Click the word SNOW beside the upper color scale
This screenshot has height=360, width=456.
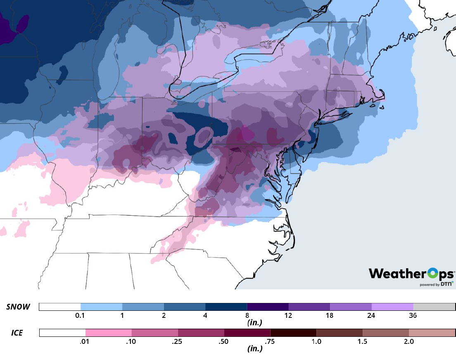(18, 307)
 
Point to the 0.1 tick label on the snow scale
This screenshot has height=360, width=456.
(81, 316)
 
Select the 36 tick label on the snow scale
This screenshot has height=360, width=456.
(413, 316)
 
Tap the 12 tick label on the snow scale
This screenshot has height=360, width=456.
(288, 316)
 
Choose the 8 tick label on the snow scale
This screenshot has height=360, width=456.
(247, 316)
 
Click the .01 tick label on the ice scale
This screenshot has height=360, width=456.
(85, 342)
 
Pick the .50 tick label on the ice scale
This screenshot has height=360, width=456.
(224, 342)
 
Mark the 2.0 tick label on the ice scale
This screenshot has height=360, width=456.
(409, 342)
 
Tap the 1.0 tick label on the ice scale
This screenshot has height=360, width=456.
(316, 342)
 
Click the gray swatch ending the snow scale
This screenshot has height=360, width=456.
(434, 307)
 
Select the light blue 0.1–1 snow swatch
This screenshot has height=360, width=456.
(101, 307)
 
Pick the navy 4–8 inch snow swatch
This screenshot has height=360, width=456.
(226, 307)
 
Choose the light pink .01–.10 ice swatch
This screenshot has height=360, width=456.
(109, 333)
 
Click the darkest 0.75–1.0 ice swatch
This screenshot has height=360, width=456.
(293, 333)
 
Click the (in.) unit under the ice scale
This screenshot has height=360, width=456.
(252, 348)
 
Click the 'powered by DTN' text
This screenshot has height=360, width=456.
(437, 284)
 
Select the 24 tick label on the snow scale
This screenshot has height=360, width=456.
(371, 316)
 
